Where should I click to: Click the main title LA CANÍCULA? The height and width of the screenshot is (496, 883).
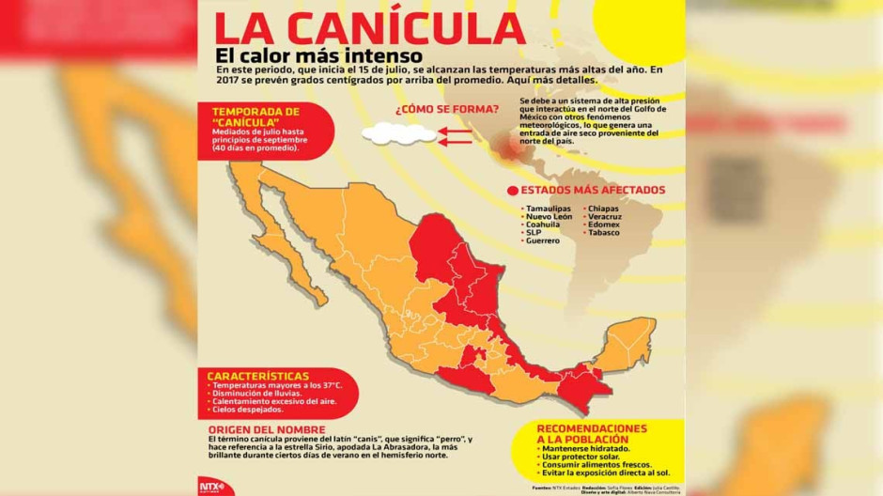click(x=368, y=31)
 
